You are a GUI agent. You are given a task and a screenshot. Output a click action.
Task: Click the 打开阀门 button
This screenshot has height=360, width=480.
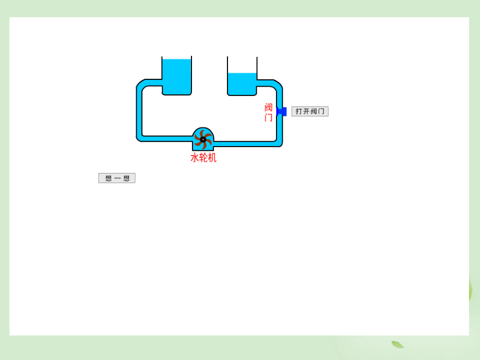310,111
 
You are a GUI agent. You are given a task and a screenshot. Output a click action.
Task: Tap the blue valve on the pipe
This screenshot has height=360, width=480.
282,111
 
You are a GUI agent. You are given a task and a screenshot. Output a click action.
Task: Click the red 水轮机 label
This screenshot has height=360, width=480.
203,158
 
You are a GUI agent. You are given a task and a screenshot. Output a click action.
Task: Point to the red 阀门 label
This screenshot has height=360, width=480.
268,112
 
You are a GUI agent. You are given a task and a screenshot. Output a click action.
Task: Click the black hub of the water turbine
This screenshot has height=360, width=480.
203,139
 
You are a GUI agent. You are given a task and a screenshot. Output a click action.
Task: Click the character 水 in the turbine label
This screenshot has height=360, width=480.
195,158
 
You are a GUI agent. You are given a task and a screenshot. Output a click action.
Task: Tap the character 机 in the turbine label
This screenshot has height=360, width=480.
212,158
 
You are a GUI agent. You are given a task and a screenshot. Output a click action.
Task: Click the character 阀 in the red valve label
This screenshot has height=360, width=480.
268,107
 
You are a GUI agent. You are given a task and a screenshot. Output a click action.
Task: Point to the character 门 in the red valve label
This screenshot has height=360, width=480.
268,117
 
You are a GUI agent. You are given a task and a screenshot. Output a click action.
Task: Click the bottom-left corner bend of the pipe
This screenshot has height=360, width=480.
140,138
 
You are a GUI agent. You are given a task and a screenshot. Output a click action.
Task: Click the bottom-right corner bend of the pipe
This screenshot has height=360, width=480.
279,142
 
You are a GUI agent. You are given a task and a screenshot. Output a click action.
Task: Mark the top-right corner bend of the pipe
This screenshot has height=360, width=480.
278,85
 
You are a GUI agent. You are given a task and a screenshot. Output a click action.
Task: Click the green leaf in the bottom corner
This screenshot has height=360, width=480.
398,344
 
